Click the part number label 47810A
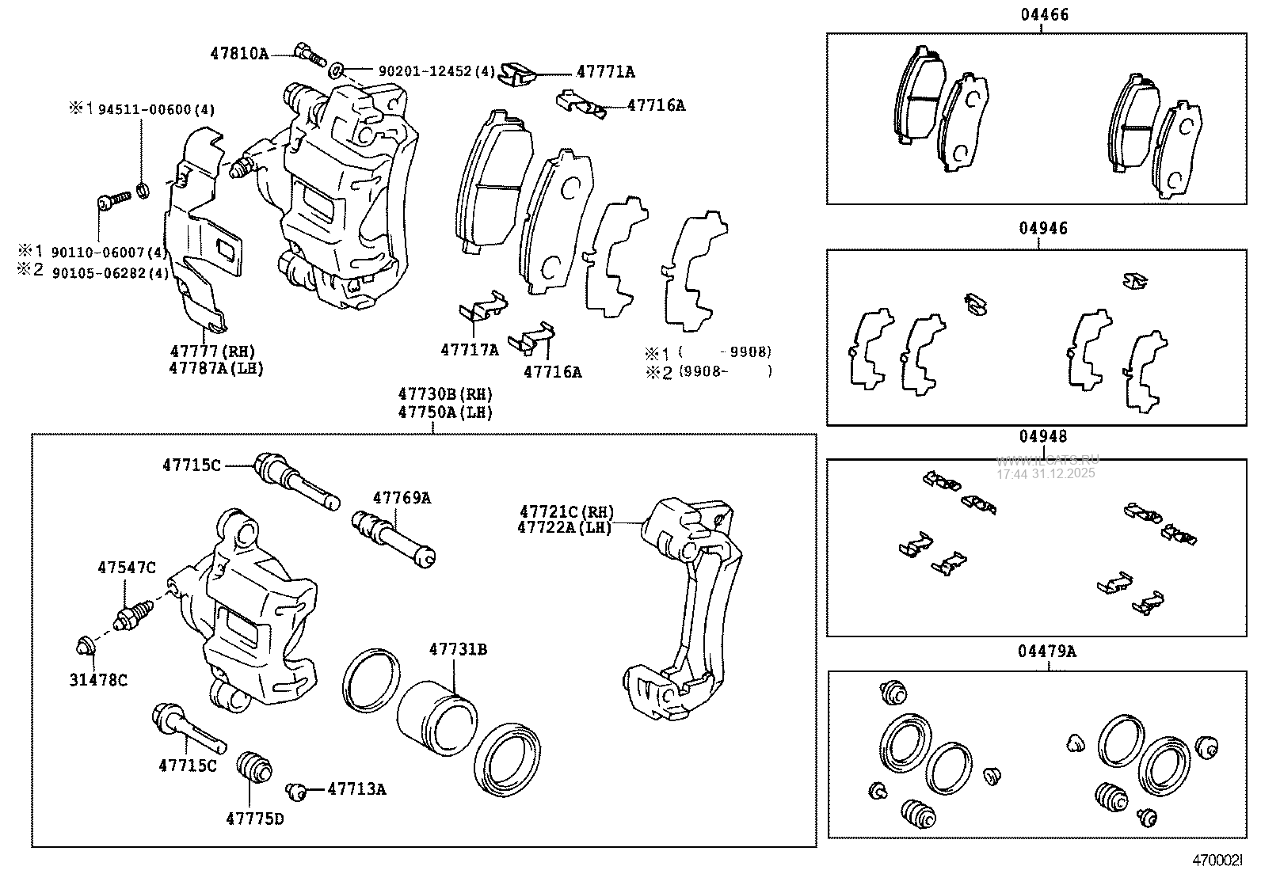[x=239, y=54]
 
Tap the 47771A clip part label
[x=605, y=71]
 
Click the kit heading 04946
[x=1043, y=229]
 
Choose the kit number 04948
[x=1043, y=436]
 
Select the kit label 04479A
[x=1047, y=652]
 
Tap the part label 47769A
[x=402, y=498]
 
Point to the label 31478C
[x=100, y=679]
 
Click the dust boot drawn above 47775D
[x=254, y=767]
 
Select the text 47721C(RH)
[x=566, y=513]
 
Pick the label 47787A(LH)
[x=216, y=368]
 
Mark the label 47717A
[x=470, y=349]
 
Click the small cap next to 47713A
[x=297, y=789]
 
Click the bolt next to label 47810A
[x=310, y=54]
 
